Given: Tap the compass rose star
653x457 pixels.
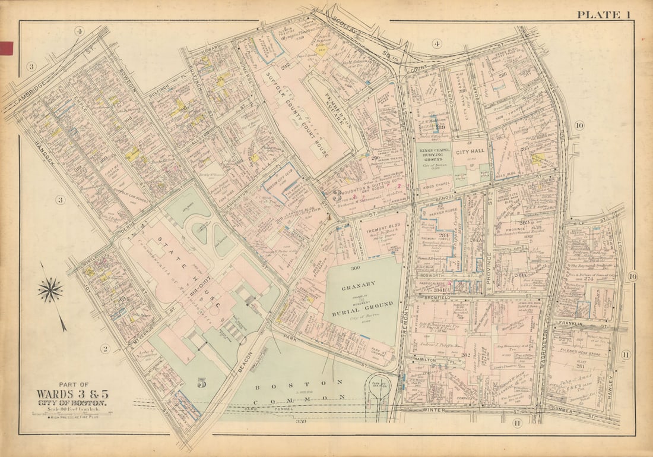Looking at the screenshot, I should coord(50,290).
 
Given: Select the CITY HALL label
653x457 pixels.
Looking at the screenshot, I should coord(471,152).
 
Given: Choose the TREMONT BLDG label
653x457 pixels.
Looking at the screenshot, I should coord(382,229).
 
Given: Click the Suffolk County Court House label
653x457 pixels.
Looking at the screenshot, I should coord(297,115).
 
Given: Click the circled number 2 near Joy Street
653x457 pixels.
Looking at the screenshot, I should coord(105,349).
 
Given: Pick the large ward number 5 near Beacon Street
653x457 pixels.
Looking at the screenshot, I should coord(201,383).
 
